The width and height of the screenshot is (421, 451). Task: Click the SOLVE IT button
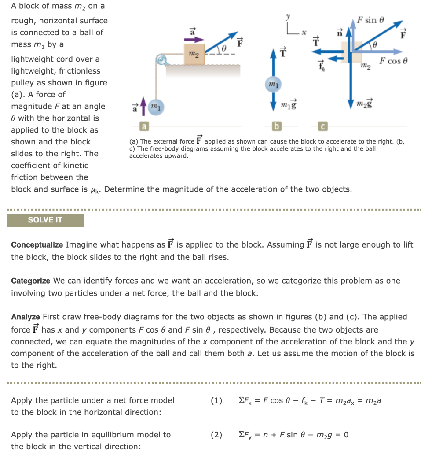point(45,220)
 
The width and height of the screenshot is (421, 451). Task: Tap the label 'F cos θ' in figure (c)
point(394,61)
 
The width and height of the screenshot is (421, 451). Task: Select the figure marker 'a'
point(143,127)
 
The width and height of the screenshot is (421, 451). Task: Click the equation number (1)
point(216,400)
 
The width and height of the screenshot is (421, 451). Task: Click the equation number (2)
point(216,435)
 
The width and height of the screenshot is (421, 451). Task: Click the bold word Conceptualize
point(37,244)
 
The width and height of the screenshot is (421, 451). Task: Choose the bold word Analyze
point(26,317)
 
